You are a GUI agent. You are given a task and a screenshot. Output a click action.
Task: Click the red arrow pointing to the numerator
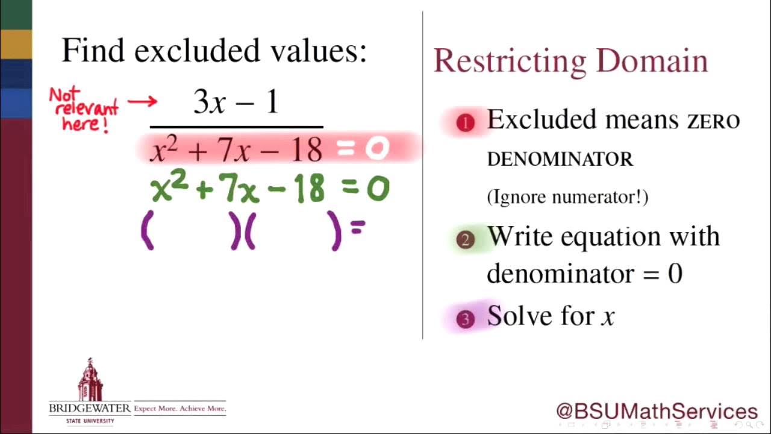142,102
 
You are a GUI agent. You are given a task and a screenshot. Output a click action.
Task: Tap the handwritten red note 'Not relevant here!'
83,109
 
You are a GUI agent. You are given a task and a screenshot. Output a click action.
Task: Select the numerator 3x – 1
236,102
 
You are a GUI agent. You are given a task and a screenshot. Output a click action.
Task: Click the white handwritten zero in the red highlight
377,149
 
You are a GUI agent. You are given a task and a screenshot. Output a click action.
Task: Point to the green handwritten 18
310,189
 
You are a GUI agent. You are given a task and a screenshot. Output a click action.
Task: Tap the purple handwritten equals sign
358,228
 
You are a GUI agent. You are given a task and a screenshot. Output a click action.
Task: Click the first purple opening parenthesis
147,233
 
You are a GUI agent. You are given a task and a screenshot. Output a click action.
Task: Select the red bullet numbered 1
465,123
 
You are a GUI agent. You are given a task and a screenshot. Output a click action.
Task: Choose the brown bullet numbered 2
465,241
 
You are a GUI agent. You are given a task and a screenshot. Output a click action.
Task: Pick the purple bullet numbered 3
465,319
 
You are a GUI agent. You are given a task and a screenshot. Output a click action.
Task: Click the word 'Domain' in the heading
652,61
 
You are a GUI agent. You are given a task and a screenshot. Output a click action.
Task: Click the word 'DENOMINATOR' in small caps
560,160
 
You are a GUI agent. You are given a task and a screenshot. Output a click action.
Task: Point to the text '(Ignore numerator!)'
567,197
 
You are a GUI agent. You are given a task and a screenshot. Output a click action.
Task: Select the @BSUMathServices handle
657,411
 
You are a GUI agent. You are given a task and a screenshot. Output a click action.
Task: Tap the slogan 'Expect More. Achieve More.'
180,409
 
